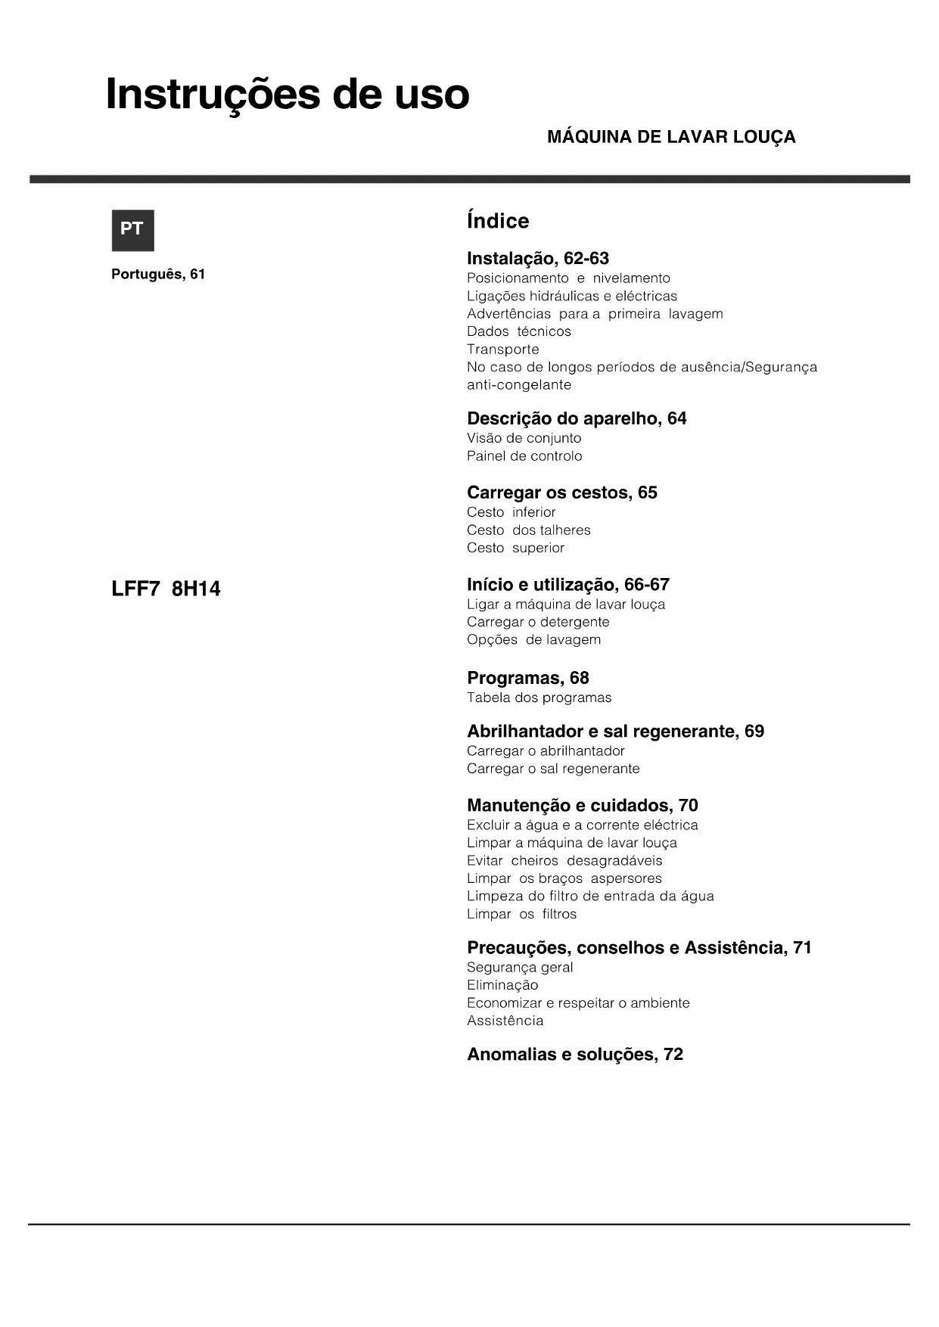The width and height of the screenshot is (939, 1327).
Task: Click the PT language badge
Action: (132, 230)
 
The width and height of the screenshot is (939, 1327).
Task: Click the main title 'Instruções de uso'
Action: (288, 95)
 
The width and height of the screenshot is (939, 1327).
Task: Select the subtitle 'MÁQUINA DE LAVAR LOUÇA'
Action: (670, 137)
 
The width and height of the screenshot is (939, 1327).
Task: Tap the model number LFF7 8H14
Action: (166, 589)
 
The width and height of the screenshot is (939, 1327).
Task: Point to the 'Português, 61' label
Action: (158, 274)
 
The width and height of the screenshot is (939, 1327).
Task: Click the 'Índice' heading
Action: (498, 221)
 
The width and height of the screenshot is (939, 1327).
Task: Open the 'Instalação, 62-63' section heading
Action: (537, 259)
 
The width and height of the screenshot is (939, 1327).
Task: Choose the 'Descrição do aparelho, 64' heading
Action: (577, 418)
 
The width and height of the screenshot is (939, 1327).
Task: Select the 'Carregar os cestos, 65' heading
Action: (561, 493)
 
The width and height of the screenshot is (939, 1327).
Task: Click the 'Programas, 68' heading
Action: (527, 678)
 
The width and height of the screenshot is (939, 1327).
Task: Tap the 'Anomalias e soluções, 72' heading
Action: (574, 1054)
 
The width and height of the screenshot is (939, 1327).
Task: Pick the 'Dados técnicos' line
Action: (518, 331)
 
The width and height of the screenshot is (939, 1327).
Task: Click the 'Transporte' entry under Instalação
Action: (502, 350)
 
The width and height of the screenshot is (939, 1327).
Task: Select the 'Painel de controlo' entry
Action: (524, 456)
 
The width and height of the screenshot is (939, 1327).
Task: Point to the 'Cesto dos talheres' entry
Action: (528, 530)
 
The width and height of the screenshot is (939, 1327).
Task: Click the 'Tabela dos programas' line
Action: (539, 698)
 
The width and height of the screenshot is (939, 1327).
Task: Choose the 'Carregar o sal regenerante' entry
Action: (552, 769)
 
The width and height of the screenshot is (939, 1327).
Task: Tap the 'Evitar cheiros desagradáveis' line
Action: (564, 861)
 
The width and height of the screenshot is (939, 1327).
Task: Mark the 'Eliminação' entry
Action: (502, 985)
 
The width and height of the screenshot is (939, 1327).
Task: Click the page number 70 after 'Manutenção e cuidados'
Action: (688, 806)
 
